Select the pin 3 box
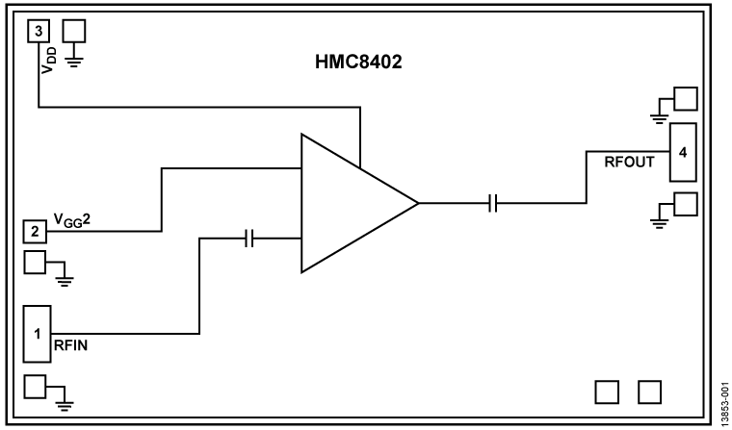[x=38, y=31]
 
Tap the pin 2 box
[x=34, y=231]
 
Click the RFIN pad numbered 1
[x=35, y=335]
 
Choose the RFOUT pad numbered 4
[x=682, y=152]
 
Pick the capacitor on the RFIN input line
[x=249, y=238]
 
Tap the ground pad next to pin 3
[x=74, y=31]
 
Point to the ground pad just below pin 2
[x=35, y=264]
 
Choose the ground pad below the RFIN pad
[x=35, y=387]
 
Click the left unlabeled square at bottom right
[x=608, y=391]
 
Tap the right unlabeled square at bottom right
[x=651, y=391]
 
